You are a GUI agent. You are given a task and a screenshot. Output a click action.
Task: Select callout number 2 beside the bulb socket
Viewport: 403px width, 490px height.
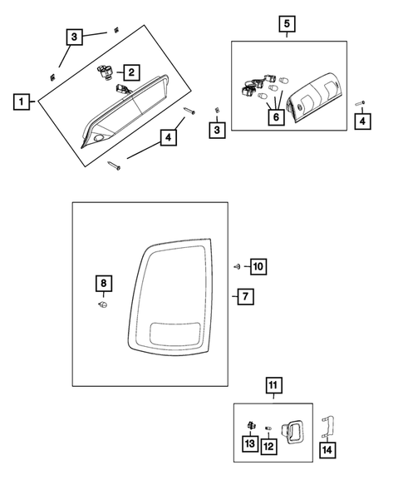point(132,72)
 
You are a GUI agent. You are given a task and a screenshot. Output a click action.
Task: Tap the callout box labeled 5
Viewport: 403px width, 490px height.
point(286,23)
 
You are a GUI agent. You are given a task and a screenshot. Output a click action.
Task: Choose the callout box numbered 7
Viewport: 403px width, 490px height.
point(243,296)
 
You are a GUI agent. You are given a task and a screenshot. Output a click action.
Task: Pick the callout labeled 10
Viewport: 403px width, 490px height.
point(258,266)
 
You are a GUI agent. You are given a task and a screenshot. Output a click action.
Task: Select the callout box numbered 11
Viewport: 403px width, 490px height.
point(273,384)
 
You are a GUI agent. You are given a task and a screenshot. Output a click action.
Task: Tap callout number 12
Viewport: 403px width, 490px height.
point(269,448)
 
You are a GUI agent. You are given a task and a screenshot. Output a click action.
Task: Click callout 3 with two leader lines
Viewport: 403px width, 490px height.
point(75,37)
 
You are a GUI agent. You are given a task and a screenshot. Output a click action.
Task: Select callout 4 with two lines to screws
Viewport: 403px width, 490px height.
point(168,137)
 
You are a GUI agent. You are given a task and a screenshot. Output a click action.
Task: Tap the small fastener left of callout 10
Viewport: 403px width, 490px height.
point(237,266)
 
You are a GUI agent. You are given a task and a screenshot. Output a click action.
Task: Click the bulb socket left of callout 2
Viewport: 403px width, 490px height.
point(105,73)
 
